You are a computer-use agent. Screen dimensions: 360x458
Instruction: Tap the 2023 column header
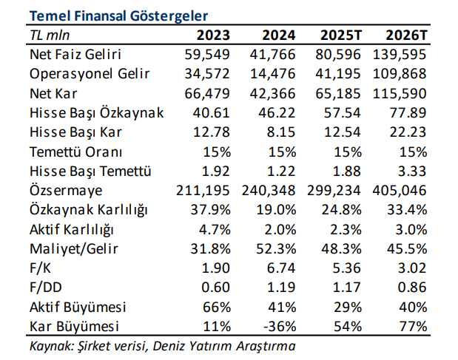tap(213, 35)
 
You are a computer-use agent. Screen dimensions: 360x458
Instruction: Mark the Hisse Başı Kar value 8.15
tap(281, 132)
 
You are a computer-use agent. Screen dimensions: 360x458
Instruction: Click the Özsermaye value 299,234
tap(334, 190)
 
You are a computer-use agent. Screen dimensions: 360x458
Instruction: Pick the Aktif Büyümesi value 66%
tap(217, 306)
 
